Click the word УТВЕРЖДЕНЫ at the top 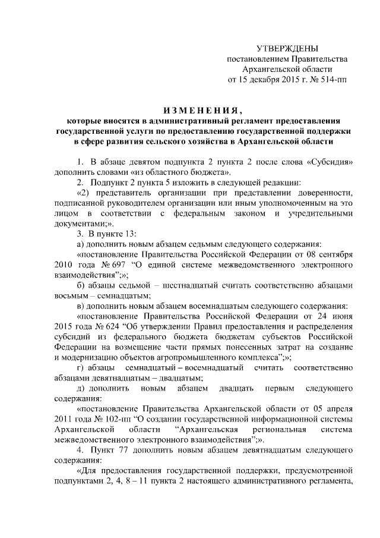(287, 48)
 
